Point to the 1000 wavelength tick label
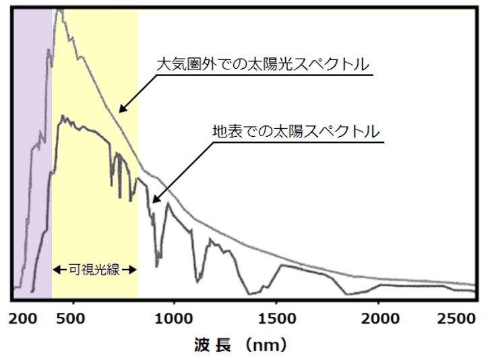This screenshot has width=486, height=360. coord(174,318)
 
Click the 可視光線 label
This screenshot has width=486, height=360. coord(94,270)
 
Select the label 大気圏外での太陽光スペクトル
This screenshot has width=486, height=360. coord(263,65)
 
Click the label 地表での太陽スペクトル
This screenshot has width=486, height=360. coord(296,131)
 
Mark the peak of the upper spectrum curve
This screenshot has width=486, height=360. coord(59,11)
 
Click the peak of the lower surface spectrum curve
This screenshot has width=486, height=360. coord(62,117)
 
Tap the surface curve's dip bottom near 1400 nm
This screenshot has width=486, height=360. coord(250,293)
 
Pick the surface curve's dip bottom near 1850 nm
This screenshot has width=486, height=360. coord(345,295)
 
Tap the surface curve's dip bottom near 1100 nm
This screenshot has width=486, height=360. coord(199,281)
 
